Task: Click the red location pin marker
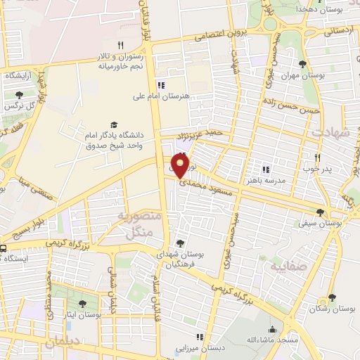[x=181, y=166]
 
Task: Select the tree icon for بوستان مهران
[x=302, y=64]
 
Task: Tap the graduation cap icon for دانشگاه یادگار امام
[x=113, y=123]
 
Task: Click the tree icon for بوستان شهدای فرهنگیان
[x=181, y=243]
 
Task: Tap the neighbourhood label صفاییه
[x=283, y=266]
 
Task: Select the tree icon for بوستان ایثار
[x=82, y=304]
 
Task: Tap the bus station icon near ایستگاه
[x=3, y=247]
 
